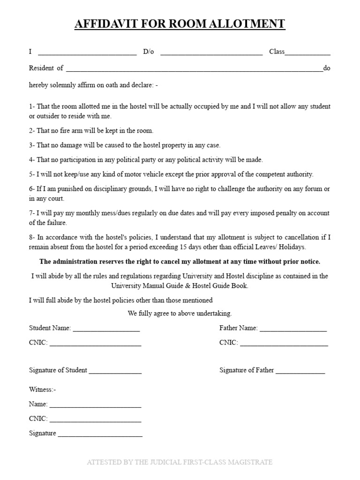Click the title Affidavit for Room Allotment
click(x=180, y=24)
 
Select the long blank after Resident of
click(x=194, y=70)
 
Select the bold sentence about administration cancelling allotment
click(x=180, y=262)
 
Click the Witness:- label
click(x=43, y=390)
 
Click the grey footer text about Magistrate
click(x=180, y=463)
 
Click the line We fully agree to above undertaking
click(x=180, y=313)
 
